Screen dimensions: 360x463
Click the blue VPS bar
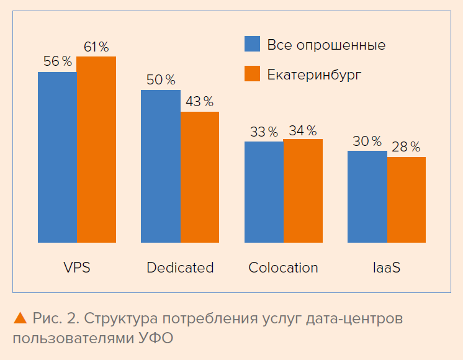click(57, 157)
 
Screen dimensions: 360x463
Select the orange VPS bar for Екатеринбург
click(96, 149)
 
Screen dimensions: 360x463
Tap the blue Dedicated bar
click(160, 166)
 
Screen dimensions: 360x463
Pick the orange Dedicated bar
click(200, 177)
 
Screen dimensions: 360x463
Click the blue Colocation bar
click(264, 192)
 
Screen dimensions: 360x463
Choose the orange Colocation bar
click(303, 191)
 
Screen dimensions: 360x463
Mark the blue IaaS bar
click(367, 196)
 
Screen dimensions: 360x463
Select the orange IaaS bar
click(407, 199)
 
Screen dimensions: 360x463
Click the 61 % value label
click(96, 47)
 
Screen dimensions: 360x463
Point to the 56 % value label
click(57, 61)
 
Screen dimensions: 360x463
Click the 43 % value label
click(200, 101)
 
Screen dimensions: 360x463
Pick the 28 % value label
click(407, 147)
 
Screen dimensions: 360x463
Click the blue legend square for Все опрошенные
click(252, 44)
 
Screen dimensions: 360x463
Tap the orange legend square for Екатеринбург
click(252, 74)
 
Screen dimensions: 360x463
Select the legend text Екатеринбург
click(314, 74)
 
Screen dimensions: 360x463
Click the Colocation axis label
click(283, 268)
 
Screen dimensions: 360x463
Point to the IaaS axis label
click(386, 268)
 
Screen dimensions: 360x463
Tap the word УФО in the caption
click(155, 339)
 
